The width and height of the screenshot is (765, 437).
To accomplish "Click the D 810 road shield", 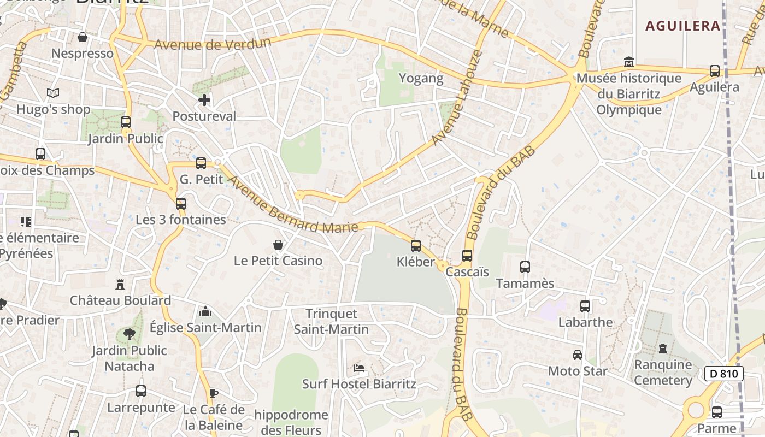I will point(724,374).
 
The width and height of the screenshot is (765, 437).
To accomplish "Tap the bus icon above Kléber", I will point(416,245).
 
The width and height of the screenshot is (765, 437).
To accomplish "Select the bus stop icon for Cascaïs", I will point(467,255).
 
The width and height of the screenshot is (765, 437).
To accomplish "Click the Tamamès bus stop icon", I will point(525,267).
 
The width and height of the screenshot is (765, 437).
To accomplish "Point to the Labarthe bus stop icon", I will point(585,306).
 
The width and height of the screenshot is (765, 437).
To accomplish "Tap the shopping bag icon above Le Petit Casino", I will point(278,244).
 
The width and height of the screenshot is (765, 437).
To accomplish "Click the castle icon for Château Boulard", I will point(120,284).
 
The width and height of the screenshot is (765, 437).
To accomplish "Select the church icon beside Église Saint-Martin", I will point(205,311).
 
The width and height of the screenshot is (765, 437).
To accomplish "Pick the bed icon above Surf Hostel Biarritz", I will point(359,368).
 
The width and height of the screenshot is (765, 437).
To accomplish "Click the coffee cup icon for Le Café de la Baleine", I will point(214,393).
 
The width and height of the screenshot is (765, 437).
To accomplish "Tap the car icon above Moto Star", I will point(578,355).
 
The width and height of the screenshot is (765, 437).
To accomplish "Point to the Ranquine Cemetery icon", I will point(663,348).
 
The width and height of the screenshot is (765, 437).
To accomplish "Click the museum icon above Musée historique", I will point(628,62).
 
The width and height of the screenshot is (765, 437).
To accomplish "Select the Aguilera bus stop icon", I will point(714,70).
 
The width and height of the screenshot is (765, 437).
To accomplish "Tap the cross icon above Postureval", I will point(204,100).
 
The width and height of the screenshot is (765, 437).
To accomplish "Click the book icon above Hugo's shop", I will point(52,93).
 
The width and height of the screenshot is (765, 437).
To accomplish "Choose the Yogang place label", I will point(421,78).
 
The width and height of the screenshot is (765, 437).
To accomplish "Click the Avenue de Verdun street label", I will point(213,43).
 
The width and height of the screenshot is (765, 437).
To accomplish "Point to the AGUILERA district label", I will point(683,26).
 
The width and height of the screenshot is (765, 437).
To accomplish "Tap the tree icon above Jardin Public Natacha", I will point(130,334).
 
